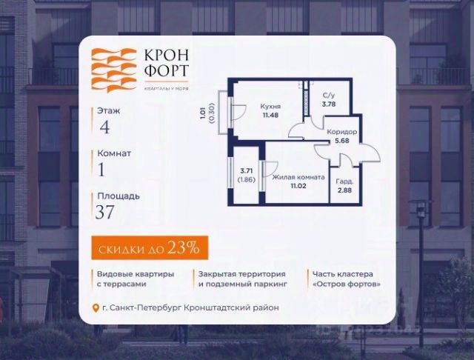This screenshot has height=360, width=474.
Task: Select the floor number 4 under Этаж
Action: click(x=104, y=127)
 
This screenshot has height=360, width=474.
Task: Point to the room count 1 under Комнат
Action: click(x=102, y=170)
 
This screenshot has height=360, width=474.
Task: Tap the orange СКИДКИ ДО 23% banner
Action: click(x=145, y=248)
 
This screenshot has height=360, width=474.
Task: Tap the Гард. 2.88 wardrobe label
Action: click(x=345, y=185)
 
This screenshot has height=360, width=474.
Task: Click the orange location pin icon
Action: click(x=95, y=307)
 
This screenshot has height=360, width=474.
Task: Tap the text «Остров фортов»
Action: click(x=347, y=284)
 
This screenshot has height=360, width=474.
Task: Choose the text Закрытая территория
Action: click(x=234, y=273)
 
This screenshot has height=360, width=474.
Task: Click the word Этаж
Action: click(x=108, y=110)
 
